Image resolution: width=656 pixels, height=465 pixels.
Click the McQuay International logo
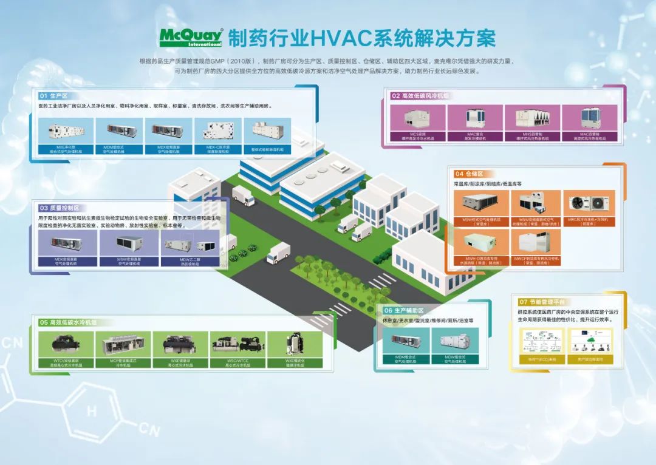[191, 37]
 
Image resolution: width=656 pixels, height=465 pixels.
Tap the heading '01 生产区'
[53, 96]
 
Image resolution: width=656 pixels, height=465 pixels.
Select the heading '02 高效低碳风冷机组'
[420, 96]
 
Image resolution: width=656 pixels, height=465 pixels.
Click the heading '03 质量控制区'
[59, 208]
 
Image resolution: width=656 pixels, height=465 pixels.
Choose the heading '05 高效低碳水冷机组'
[68, 322]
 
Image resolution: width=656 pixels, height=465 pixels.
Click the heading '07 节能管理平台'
[542, 302]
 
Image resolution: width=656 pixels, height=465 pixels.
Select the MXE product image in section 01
[66, 131]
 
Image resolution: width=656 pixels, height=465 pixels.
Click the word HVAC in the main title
[341, 37]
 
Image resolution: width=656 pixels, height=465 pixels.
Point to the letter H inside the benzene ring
[91, 411]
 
